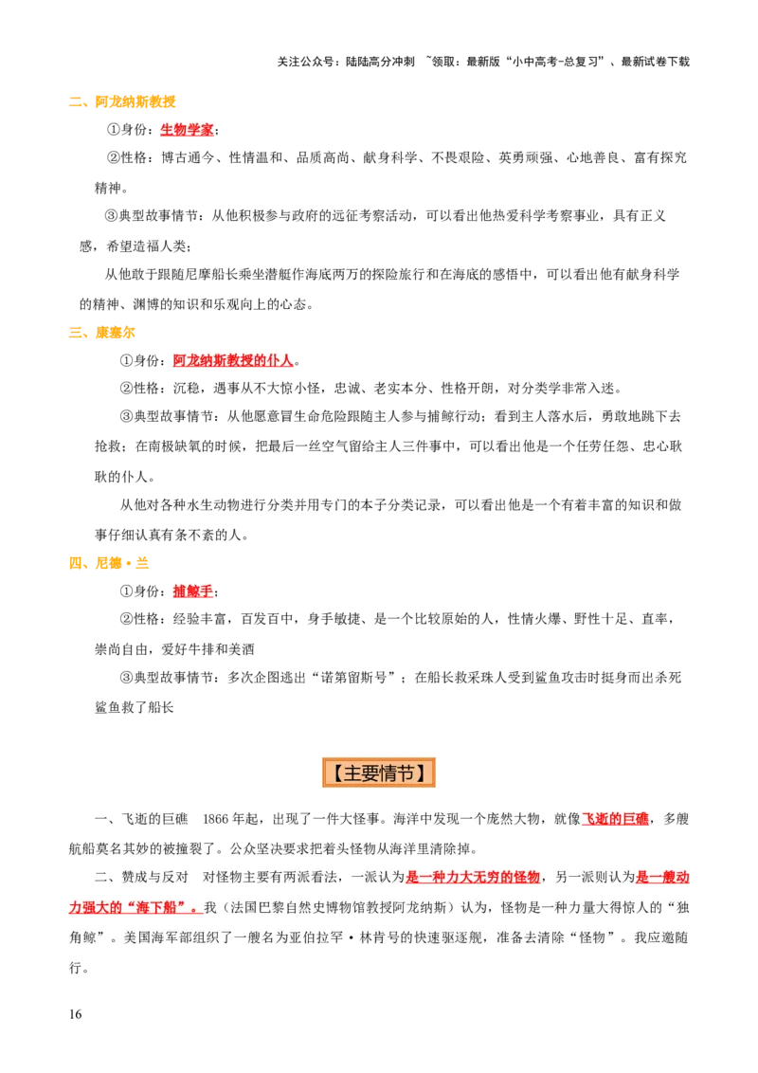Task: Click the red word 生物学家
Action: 187,130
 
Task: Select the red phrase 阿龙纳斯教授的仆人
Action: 233,360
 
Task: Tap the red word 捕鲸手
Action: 192,591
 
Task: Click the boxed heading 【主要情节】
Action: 379,773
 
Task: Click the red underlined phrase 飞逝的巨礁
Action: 615,819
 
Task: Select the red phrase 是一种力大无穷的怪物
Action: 473,877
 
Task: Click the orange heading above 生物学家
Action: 123,102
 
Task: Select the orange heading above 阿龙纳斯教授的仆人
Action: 102,333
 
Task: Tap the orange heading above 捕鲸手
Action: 110,564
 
